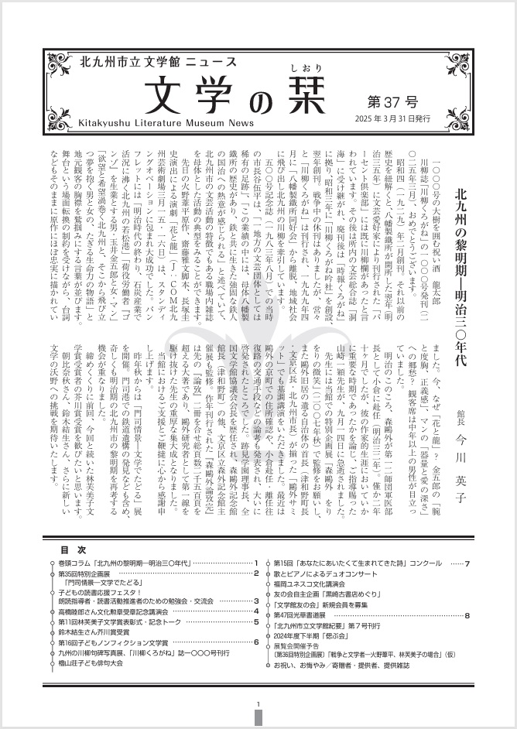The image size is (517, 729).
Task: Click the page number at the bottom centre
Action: point(258,703)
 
